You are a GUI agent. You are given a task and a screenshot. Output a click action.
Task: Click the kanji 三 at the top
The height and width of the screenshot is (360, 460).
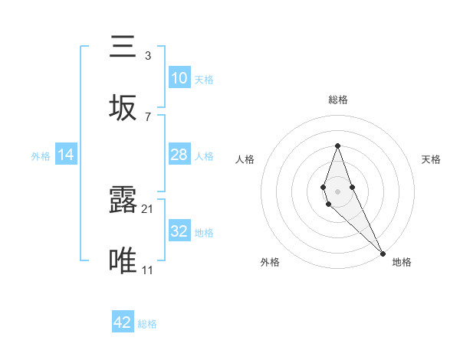123,47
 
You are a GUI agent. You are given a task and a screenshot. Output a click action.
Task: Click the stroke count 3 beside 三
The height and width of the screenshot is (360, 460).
147,56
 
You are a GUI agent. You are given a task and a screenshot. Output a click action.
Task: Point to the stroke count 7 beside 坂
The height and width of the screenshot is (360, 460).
147,116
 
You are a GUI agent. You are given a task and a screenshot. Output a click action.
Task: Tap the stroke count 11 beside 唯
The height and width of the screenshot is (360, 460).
148,270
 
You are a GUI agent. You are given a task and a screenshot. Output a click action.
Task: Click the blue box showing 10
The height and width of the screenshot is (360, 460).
179,78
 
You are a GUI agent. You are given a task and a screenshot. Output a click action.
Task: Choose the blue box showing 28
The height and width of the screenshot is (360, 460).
179,155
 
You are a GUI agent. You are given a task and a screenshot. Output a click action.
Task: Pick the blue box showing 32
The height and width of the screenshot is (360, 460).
179,231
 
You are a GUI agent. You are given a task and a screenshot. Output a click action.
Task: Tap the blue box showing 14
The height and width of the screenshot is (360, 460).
66,155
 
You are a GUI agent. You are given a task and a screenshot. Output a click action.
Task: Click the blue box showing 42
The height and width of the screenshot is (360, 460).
123,323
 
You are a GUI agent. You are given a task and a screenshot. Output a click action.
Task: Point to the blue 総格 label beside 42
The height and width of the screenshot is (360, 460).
147,324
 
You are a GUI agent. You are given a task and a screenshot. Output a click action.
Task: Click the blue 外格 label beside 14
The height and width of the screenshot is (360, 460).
41,155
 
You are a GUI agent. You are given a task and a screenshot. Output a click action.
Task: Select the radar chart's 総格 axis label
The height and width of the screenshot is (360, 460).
337,100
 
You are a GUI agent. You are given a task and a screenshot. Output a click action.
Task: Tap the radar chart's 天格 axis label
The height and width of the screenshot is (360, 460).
431,159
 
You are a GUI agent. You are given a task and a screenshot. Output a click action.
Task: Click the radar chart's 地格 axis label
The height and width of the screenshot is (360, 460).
402,262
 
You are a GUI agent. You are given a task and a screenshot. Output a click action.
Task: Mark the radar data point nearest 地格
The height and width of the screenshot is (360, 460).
382,252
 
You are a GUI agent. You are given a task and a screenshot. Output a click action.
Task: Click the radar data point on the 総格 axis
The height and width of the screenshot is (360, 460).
337,146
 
